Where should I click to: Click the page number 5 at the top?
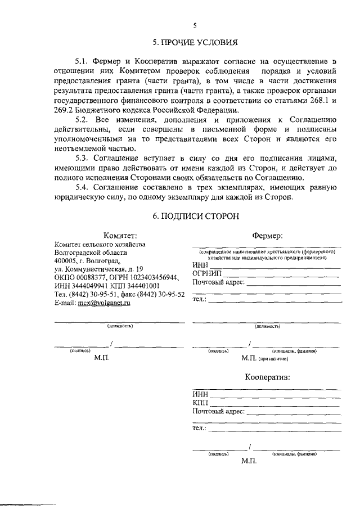pyautogui.click(x=195, y=25)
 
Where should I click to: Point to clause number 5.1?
pyautogui.click(x=83, y=60)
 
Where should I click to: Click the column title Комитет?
pyautogui.click(x=120, y=235)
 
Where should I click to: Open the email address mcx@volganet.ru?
pyautogui.click(x=103, y=302)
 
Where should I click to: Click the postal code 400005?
pyautogui.click(x=66, y=260)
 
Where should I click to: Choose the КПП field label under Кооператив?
pyautogui.click(x=200, y=403)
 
